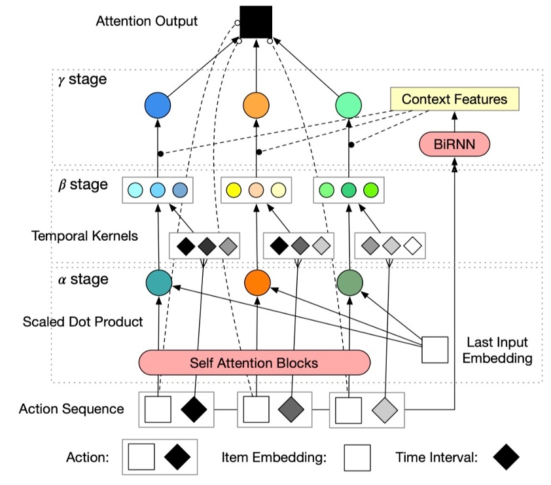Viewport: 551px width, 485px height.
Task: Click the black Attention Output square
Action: click(x=255, y=22)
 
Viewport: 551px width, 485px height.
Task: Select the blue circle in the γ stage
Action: click(x=157, y=105)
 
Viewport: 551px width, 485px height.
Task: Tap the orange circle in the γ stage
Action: click(x=256, y=105)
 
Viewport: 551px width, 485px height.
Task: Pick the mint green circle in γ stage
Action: click(x=348, y=105)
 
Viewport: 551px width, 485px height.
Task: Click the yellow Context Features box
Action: click(x=454, y=99)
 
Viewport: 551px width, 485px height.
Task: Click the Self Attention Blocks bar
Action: click(x=254, y=362)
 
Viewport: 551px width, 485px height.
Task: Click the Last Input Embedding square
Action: click(x=435, y=350)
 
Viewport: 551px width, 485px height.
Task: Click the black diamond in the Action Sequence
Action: click(x=193, y=409)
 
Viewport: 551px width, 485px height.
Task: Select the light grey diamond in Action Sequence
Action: click(x=384, y=409)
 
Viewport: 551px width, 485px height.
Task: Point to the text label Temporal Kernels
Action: click(x=84, y=236)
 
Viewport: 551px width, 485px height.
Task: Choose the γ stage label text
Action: click(x=81, y=81)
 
